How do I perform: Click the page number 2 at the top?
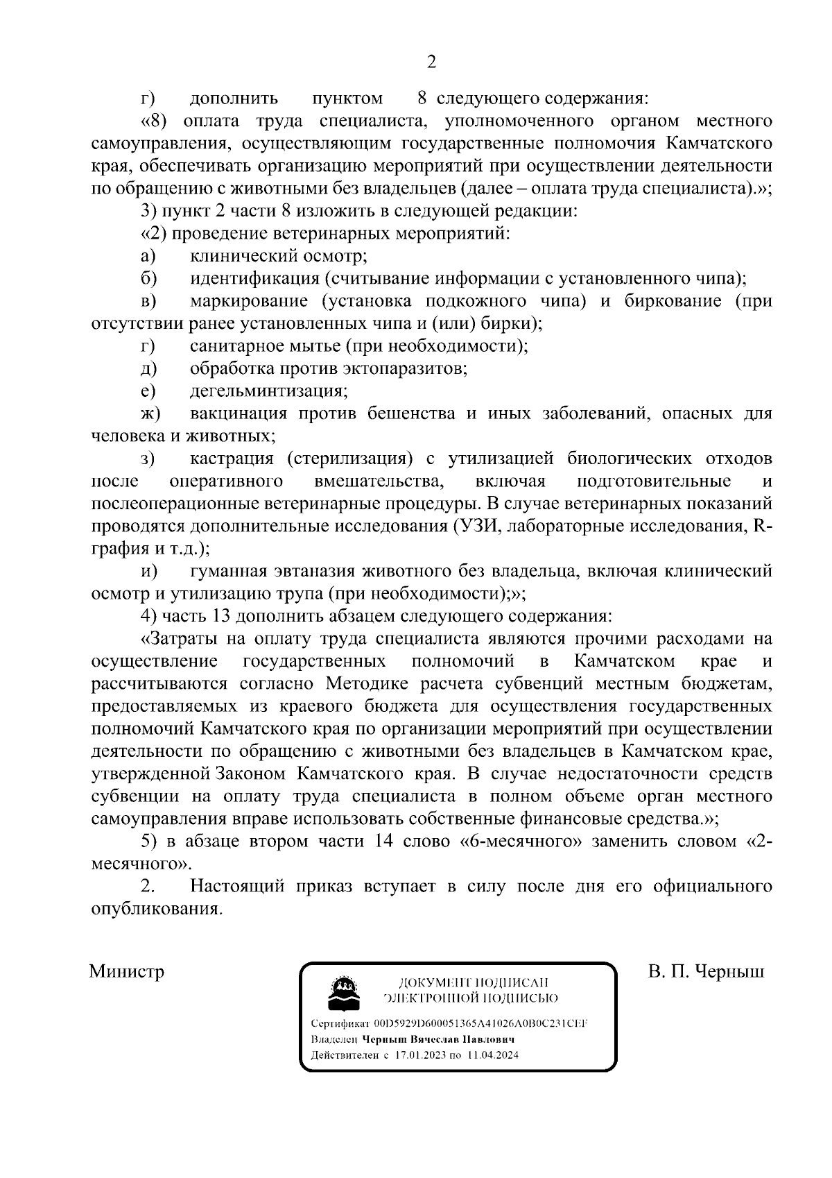pos(431,62)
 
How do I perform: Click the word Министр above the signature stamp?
pos(127,971)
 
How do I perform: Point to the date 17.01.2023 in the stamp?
pos(418,1055)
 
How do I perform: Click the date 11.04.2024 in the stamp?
pos(492,1055)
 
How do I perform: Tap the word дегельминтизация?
pos(268,391)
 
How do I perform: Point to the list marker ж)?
pos(150,413)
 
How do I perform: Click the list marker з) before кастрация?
pos(148,459)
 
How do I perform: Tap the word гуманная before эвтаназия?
pos(229,571)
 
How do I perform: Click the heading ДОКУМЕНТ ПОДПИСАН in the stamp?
pos(474,982)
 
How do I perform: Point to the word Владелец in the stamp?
pos(334,1039)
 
